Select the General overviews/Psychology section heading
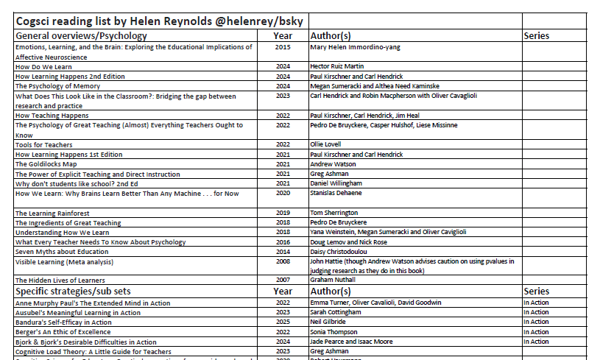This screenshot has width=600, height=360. tap(81, 35)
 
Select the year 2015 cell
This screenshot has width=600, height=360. tap(283, 47)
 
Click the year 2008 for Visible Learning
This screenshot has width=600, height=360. tap(283, 261)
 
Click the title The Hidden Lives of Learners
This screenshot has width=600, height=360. tap(60, 280)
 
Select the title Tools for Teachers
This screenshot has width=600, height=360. tap(43, 144)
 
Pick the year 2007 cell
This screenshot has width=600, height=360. tap(283, 280)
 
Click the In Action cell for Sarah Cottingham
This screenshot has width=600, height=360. tap(536, 312)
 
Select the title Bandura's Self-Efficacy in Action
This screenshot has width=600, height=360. tap(64, 322)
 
